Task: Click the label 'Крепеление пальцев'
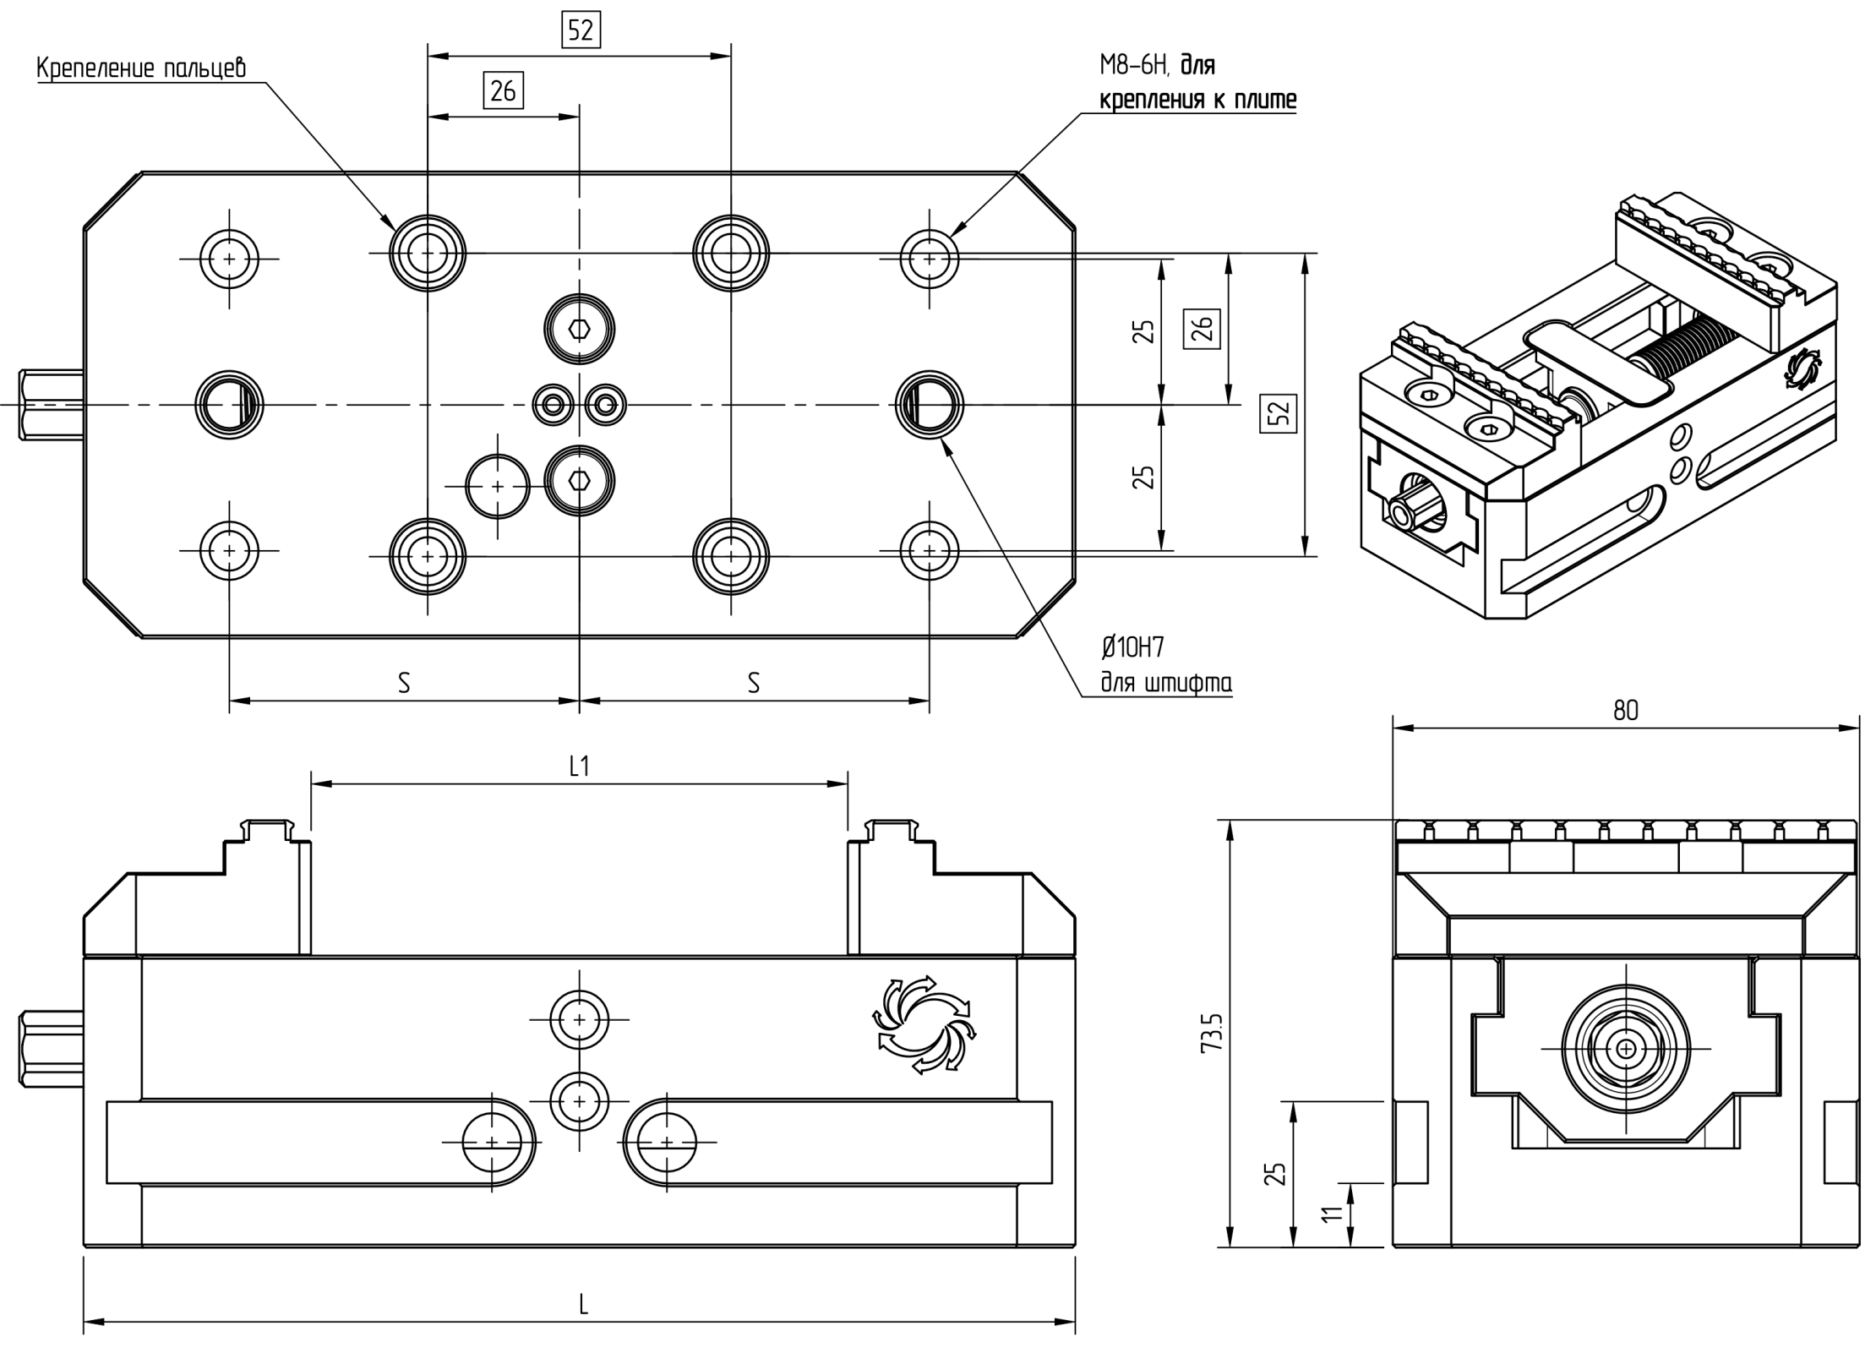tap(141, 68)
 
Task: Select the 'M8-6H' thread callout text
tap(1132, 65)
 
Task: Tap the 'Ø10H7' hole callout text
tap(1132, 648)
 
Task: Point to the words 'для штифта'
tap(1165, 683)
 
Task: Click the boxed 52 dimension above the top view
tap(581, 30)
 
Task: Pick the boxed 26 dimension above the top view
tap(503, 90)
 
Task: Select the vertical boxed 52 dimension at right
tap(1278, 412)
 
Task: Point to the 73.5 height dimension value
tap(1211, 1032)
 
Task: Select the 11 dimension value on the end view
tap(1332, 1214)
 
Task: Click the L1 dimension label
tap(579, 767)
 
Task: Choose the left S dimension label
tap(404, 683)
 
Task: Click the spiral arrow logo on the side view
tap(924, 1024)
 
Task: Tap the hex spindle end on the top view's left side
tap(51, 404)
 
